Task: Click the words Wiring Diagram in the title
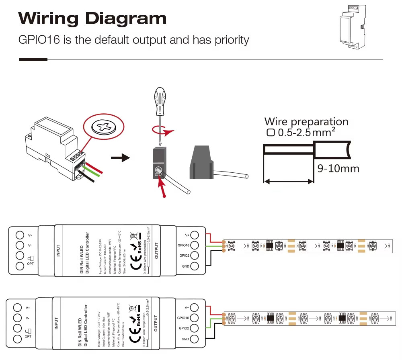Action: (92, 18)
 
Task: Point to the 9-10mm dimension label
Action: (338, 168)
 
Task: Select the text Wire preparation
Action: (306, 122)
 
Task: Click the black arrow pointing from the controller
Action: (120, 157)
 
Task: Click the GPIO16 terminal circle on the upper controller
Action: (195, 245)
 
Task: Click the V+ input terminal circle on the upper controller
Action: (20, 235)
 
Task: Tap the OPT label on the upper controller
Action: (30, 264)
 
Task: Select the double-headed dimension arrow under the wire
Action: (288, 182)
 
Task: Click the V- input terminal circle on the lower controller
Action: (17, 318)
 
